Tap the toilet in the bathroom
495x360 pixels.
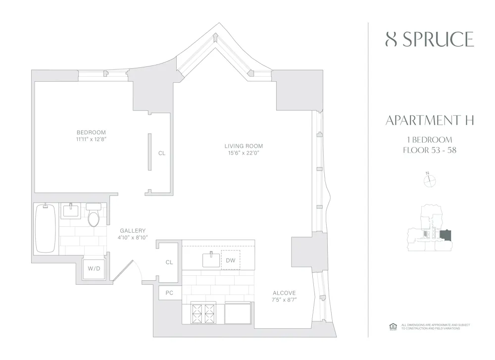(93, 216)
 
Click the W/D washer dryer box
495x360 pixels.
(94, 268)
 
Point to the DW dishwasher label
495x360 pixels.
(230, 260)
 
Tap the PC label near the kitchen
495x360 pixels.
(169, 293)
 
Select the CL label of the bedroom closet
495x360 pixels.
(162, 153)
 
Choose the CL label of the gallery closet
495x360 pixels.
(169, 262)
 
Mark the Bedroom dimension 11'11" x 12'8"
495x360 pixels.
(91, 139)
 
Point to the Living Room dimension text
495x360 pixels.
(244, 153)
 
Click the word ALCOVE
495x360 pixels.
(284, 293)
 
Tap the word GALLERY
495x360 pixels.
(133, 230)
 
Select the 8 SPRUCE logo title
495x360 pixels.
(429, 39)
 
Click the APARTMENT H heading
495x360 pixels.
(429, 120)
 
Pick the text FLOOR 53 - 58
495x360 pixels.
(429, 150)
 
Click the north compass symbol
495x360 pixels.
(429, 181)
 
